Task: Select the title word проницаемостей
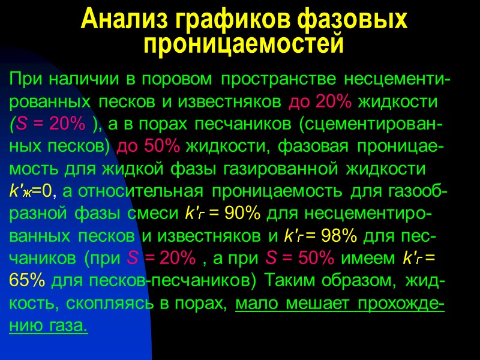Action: [x=245, y=44]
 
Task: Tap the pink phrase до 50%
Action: [x=150, y=146]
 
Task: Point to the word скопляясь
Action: [x=110, y=305]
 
